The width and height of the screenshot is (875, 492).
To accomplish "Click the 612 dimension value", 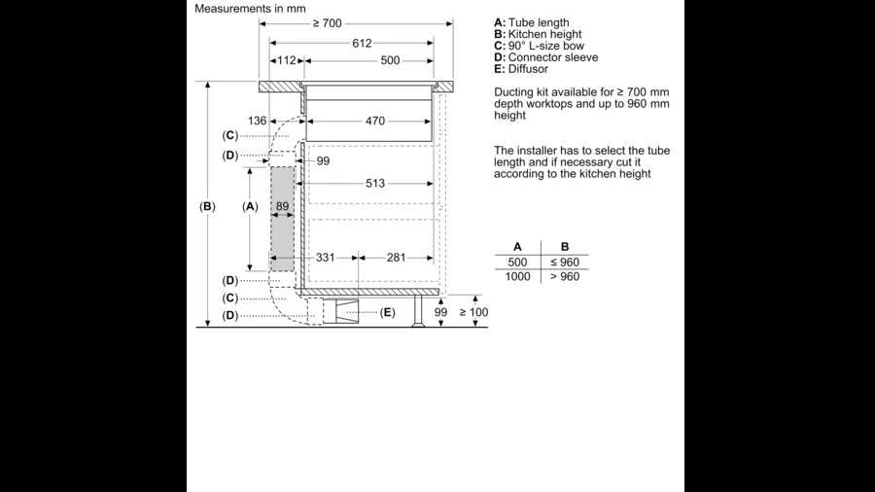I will (x=362, y=43).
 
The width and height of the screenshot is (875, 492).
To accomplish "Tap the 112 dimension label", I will (x=286, y=60).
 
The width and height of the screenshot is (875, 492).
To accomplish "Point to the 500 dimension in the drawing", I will (x=390, y=60).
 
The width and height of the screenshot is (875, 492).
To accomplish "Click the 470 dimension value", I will (x=375, y=122).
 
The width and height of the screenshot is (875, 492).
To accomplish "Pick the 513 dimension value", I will (x=375, y=183).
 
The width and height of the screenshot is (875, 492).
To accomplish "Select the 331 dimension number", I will (x=326, y=258).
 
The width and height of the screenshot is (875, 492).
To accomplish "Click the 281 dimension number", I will (x=397, y=258).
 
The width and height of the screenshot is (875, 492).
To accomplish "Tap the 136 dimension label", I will (x=257, y=122).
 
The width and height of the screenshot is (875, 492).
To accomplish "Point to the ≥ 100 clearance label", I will (x=473, y=312).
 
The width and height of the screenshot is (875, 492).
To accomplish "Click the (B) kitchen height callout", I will (x=207, y=206).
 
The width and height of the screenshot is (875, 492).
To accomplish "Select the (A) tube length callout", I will (x=250, y=206).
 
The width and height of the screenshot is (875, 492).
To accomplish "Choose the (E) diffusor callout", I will (x=388, y=312).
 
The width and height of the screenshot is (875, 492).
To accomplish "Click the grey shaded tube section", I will (x=282, y=219).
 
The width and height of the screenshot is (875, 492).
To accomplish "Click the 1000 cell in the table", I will (x=517, y=277).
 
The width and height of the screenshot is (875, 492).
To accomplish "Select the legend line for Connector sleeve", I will (x=545, y=57).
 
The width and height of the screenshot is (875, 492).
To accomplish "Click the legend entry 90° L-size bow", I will (x=539, y=46).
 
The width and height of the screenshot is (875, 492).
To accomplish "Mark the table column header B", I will (x=565, y=247).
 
